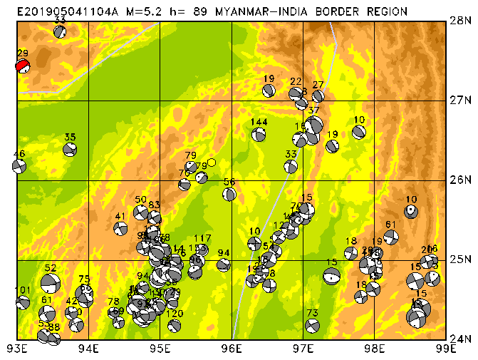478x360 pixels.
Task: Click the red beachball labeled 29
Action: pyautogui.click(x=23, y=66)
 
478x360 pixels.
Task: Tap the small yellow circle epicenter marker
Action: pyautogui.click(x=211, y=163)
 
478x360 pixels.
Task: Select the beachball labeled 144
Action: pyautogui.click(x=259, y=134)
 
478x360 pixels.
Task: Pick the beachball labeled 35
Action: pyautogui.click(x=70, y=150)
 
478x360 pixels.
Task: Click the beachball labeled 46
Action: pyautogui.click(x=19, y=166)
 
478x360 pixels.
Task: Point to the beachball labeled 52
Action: pyautogui.click(x=49, y=283)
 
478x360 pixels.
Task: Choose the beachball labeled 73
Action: pyautogui.click(x=312, y=326)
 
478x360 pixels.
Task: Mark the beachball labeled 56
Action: pyautogui.click(x=229, y=194)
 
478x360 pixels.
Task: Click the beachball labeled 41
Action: pyautogui.click(x=120, y=229)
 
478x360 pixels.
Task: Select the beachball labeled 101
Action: pyautogui.click(x=23, y=302)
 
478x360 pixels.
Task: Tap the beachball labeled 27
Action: pyautogui.click(x=318, y=96)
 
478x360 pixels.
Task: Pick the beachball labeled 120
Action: pyautogui.click(x=175, y=326)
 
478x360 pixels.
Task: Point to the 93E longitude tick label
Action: pyautogui.click(x=17, y=349)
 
